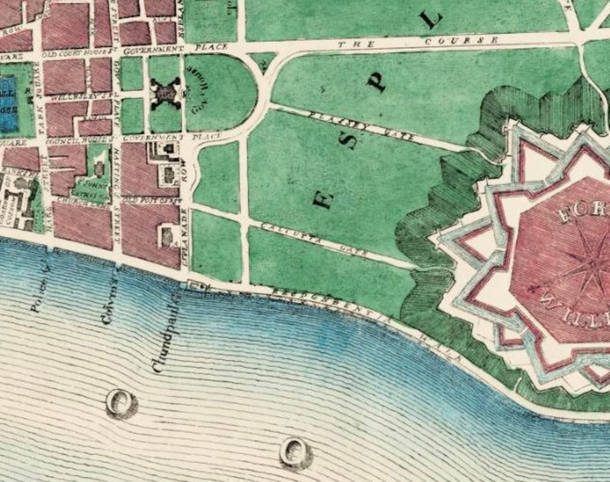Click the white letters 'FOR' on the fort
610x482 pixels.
tap(584, 213)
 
